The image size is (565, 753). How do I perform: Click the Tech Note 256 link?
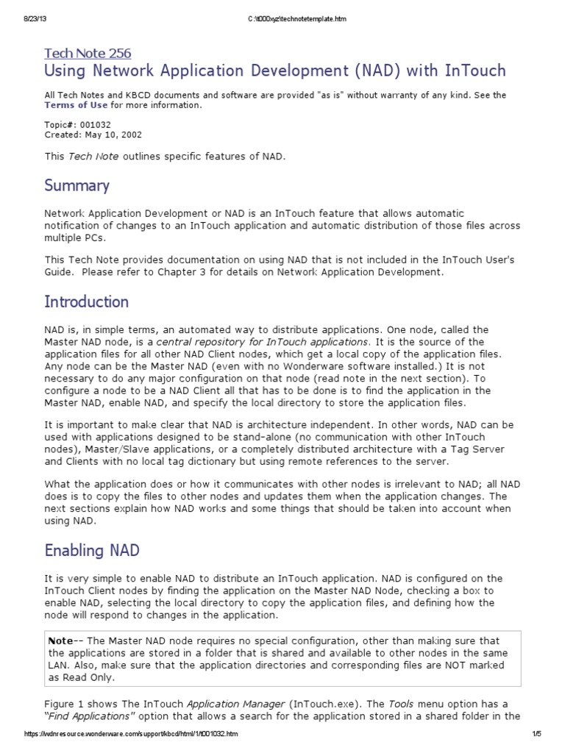click(88, 53)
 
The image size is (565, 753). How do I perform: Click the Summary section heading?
click(77, 185)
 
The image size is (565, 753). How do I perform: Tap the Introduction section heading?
click(86, 301)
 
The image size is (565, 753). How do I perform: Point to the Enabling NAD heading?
click(92, 550)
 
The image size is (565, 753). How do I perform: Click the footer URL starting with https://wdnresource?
click(130, 734)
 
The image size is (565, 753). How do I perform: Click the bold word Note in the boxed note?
click(60, 640)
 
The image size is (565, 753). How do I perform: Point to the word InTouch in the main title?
click(475, 71)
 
